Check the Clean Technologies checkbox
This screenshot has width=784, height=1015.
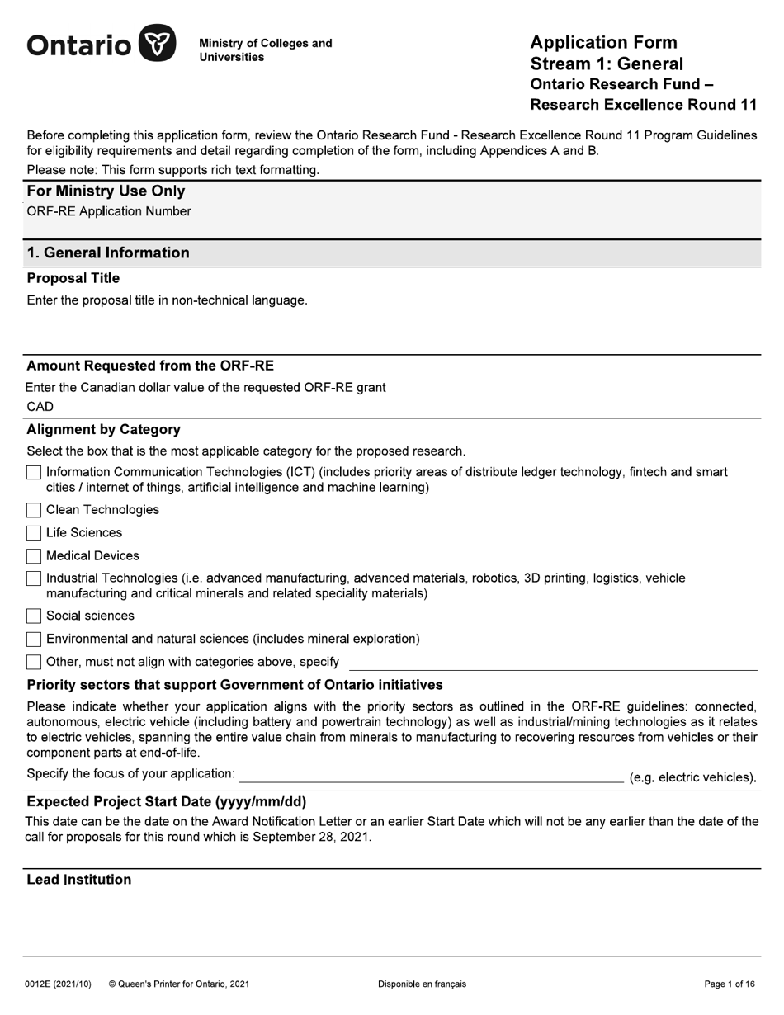[34, 510]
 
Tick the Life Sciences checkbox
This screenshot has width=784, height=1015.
[34, 533]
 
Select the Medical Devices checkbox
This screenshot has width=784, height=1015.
[34, 556]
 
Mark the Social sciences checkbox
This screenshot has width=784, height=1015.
[34, 616]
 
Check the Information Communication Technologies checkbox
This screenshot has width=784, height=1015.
[34, 473]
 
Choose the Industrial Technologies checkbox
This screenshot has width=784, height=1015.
[34, 578]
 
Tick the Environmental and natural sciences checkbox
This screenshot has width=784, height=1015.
[34, 639]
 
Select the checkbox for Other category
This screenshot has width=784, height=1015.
[34, 662]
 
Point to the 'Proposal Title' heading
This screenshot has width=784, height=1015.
[73, 278]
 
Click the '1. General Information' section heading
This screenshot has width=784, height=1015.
[108, 253]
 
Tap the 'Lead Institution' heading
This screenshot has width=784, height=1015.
[79, 880]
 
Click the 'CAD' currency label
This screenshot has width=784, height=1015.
[40, 407]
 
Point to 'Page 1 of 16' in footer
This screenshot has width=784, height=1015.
[730, 984]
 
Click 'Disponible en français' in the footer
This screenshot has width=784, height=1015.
[422, 984]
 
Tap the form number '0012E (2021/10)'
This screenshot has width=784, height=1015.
[59, 984]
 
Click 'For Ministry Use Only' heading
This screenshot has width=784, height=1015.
[106, 191]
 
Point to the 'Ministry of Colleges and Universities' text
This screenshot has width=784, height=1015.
[265, 50]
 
